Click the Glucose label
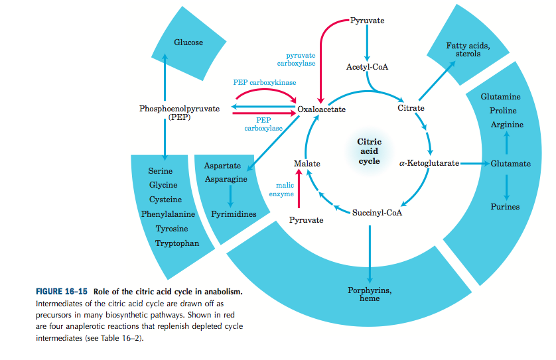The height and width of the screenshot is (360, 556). [x=188, y=42]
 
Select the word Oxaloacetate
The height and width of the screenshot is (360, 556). [x=322, y=109]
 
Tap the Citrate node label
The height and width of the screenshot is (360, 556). [x=411, y=108]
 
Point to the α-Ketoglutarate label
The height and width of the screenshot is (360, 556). [x=429, y=163]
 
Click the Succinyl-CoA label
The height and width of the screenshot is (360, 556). [x=377, y=212]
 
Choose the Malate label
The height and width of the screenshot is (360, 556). [x=307, y=163]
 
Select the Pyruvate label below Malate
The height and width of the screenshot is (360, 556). [x=307, y=219]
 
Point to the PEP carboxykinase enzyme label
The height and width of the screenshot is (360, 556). [x=265, y=83]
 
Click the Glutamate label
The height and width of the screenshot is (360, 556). [x=510, y=163]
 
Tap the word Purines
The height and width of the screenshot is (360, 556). [x=505, y=206]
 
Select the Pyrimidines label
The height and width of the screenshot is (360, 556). [x=234, y=214]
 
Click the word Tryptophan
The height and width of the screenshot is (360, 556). [x=177, y=243]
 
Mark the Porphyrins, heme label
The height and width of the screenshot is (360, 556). [x=370, y=294]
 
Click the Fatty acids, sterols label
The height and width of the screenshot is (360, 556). [x=468, y=49]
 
